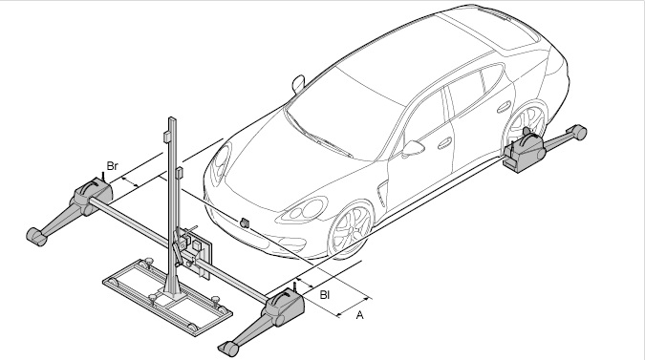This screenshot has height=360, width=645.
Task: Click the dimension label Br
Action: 113,166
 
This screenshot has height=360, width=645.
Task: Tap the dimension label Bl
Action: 325,295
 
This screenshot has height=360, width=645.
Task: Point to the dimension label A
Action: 359,315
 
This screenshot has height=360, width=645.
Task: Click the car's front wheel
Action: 350,229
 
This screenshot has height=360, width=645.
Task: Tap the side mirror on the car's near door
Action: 413,148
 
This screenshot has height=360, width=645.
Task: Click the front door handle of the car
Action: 444,143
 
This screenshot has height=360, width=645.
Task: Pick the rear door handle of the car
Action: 504,108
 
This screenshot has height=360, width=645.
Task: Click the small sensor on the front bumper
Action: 245,222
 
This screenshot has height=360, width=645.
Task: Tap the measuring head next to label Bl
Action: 285,307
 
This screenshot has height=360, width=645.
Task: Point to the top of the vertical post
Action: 172,120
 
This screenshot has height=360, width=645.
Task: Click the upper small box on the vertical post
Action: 166,137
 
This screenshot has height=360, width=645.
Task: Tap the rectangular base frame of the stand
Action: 166,297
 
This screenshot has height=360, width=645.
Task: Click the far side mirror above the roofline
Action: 298,83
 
